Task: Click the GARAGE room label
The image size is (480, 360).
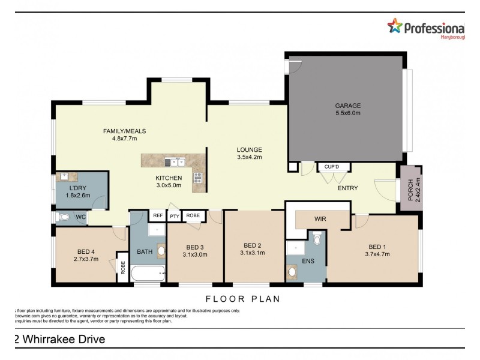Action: click(x=348, y=106)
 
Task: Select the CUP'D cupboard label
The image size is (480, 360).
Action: click(x=331, y=166)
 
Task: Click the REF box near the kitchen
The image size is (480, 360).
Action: click(x=158, y=215)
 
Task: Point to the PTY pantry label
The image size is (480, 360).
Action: click(x=175, y=216)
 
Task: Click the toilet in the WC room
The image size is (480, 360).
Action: click(x=64, y=217)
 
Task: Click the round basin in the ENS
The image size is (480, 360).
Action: click(x=292, y=272)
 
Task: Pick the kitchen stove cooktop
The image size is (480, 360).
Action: click(x=198, y=177)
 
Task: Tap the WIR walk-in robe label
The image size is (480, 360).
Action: click(x=320, y=220)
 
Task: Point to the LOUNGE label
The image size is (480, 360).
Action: click(x=249, y=149)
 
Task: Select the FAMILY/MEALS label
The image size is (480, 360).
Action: click(x=125, y=131)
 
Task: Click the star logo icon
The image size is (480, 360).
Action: click(x=395, y=25)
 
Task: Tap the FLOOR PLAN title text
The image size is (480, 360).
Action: click(x=243, y=298)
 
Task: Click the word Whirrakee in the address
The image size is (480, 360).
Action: click(x=49, y=340)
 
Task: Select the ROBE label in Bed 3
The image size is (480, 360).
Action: click(x=193, y=215)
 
